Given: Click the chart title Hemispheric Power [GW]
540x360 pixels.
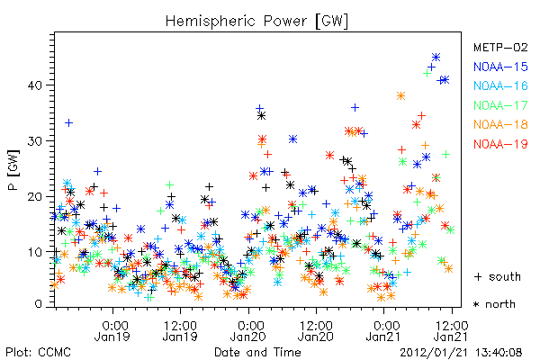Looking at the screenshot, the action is [x=256, y=22].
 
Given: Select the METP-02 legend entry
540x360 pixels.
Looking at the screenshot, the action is [x=500, y=47].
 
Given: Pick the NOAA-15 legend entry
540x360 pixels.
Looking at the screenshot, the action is [x=500, y=67].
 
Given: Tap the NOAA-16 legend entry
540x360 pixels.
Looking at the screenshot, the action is [x=500, y=85].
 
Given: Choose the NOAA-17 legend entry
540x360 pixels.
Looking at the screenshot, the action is [x=500, y=105].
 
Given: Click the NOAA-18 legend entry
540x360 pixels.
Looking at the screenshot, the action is [x=500, y=124].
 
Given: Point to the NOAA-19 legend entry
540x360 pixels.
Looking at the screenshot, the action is [x=500, y=144].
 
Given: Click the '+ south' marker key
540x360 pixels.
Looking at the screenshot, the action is [x=498, y=276].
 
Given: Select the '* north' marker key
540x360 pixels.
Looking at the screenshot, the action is [x=494, y=304].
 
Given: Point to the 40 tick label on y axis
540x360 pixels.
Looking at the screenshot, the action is [x=35, y=85].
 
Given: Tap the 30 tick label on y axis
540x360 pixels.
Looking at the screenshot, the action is [x=35, y=141].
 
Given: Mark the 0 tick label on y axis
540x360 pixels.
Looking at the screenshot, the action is [x=38, y=304].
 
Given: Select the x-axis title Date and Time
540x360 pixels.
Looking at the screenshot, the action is [x=257, y=352].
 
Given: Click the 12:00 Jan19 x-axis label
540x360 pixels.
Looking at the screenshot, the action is [x=180, y=330].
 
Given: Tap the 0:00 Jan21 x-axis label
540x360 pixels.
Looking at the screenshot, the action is [x=383, y=330].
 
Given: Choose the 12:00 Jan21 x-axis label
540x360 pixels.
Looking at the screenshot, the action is [x=451, y=330].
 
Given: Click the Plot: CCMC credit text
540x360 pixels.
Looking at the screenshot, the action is [x=38, y=352].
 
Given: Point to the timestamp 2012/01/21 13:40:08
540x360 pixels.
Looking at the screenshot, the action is [x=461, y=353].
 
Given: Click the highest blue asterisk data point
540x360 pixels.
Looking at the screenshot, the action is [x=436, y=58].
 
